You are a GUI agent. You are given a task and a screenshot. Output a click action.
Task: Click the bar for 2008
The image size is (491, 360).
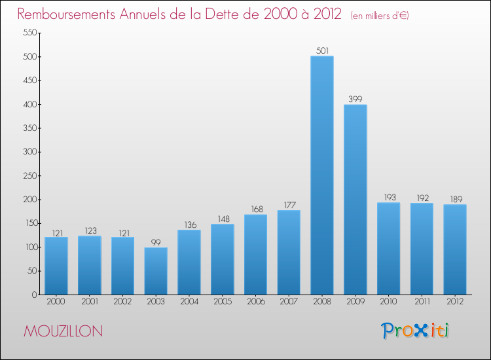(322, 175)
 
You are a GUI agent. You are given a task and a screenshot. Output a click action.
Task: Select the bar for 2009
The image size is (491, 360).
(355, 200)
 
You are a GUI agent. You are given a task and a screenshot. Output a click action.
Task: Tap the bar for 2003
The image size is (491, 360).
(156, 271)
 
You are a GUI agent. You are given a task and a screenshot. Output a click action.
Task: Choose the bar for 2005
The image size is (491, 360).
(223, 259)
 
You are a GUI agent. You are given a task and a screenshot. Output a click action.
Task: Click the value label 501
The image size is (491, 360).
(322, 50)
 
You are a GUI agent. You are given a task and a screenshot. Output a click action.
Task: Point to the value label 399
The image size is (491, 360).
(355, 99)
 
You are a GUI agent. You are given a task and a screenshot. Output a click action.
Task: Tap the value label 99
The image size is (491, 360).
(156, 242)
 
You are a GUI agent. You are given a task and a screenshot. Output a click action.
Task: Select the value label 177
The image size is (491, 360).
(289, 205)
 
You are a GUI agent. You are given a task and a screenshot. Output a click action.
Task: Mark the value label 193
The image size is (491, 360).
(389, 197)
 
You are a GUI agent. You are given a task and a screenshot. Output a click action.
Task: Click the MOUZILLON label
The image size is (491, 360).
(63, 331)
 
